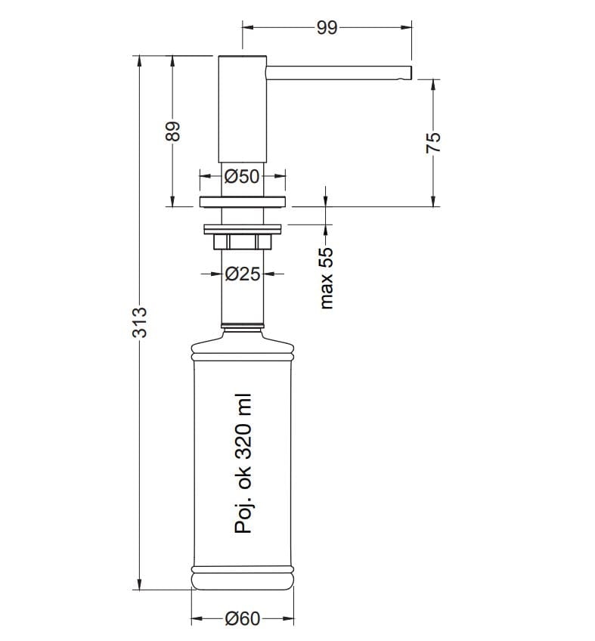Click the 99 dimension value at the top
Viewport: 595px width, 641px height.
pyautogui.click(x=327, y=28)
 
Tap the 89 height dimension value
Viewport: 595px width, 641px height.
pyautogui.click(x=173, y=132)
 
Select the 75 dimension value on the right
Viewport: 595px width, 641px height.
pyautogui.click(x=433, y=142)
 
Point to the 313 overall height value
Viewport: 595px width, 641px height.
pyautogui.click(x=139, y=322)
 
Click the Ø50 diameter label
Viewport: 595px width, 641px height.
pyautogui.click(x=242, y=177)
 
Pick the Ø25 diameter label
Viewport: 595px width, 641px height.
pyautogui.click(x=243, y=274)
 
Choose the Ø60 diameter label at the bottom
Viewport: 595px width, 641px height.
pyautogui.click(x=243, y=618)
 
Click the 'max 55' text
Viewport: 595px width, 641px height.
pyautogui.click(x=327, y=278)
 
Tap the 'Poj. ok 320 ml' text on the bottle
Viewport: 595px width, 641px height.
pyautogui.click(x=243, y=464)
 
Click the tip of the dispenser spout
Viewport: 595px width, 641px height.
pyautogui.click(x=411, y=73)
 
